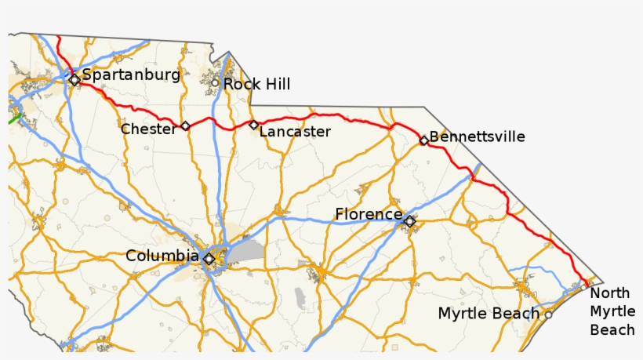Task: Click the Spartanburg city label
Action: point(131,75)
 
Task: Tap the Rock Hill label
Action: point(256,84)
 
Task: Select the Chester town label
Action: point(148,129)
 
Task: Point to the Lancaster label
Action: point(295,131)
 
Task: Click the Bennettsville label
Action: point(478,137)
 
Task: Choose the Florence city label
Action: point(368,214)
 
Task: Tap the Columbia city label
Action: point(162,256)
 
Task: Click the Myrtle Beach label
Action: point(489,314)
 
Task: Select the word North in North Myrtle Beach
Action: point(610,293)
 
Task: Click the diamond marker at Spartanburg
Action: point(74,79)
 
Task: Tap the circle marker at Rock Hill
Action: point(214,82)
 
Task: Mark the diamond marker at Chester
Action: point(186,126)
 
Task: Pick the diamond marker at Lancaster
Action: point(253,125)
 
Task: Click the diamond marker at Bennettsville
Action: point(423,140)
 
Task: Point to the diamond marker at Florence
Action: point(409,222)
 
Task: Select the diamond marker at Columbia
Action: point(209,259)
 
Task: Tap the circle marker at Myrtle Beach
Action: point(548,315)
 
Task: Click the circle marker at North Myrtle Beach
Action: point(584,286)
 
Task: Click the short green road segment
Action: point(14,119)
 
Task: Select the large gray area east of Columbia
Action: point(246,251)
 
